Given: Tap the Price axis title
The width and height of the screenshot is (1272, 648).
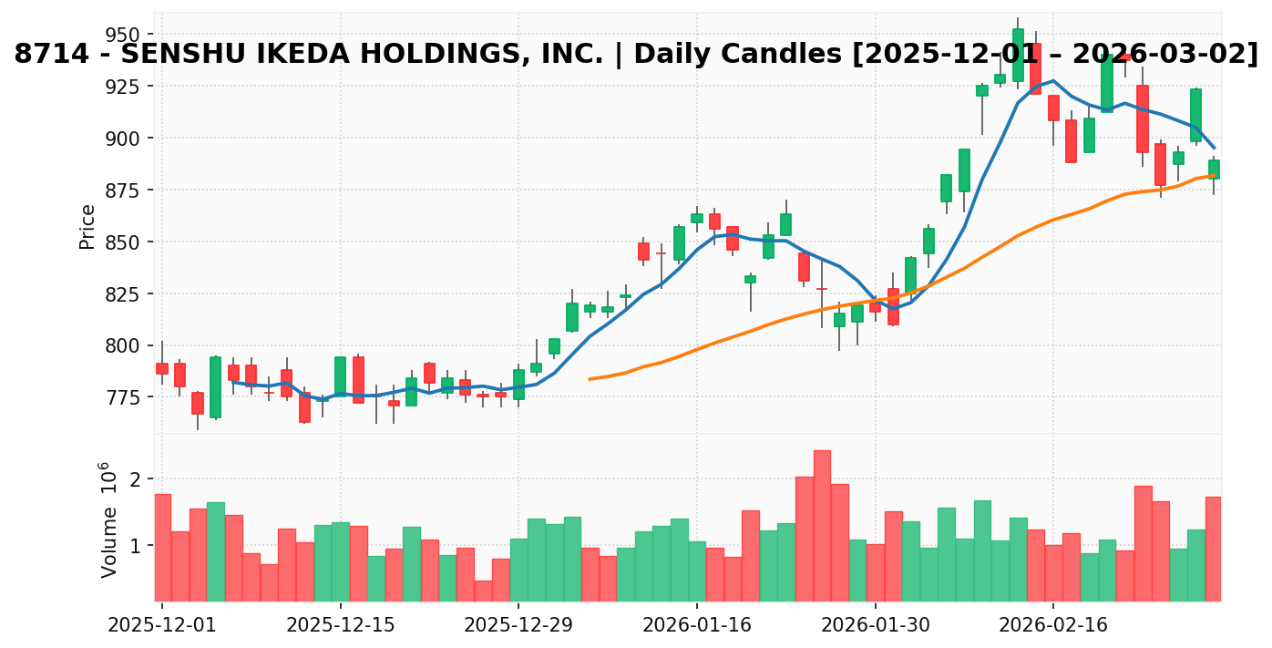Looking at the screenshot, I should [87, 227].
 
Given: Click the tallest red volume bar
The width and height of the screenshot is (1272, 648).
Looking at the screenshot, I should [822, 526].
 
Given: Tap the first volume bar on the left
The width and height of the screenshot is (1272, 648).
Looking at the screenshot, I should [163, 547].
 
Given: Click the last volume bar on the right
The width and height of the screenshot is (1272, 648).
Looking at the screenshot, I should [1214, 549].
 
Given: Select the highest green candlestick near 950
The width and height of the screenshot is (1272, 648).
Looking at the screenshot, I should [1018, 55].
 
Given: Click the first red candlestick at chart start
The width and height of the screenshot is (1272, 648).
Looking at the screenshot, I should [162, 368].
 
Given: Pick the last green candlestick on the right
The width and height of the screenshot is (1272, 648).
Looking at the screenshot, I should [1214, 170].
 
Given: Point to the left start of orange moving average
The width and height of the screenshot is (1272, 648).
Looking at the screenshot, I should [590, 378].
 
